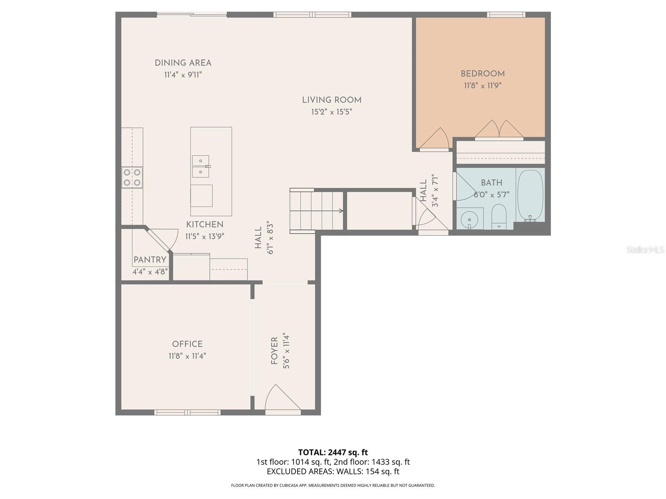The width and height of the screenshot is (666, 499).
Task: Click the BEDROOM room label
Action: pos(482,74)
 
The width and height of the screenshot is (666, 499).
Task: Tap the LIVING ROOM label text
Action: pos(331,100)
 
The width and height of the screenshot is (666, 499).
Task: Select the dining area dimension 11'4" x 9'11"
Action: pos(183,75)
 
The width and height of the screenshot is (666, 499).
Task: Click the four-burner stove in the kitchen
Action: pos(132,177)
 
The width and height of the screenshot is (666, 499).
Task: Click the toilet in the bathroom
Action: pos(498,217)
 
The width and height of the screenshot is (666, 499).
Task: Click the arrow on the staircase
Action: pos(340,211)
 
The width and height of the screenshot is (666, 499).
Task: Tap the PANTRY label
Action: pos(150,260)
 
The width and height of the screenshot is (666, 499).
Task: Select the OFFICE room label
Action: pos(187,344)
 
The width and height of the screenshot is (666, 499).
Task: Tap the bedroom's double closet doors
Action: pos(499,130)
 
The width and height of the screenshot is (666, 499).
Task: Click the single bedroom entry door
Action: pos(435,139)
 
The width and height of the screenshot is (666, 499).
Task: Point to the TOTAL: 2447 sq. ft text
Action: pos(333,452)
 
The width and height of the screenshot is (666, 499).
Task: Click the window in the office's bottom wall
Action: pos(187,412)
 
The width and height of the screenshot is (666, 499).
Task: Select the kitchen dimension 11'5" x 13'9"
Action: pos(204,237)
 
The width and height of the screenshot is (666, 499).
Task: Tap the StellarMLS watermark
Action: pos(645,250)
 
